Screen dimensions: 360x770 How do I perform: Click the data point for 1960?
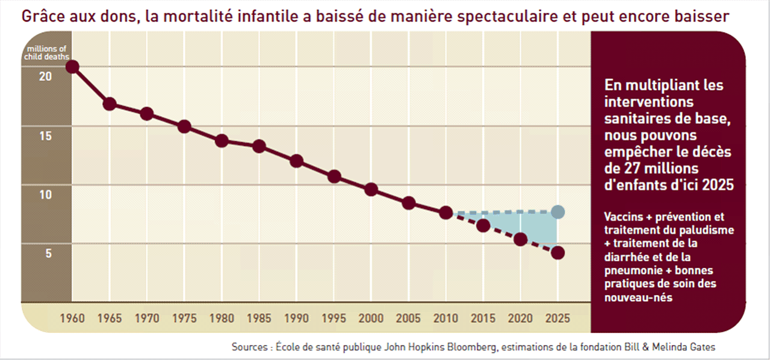(72, 66)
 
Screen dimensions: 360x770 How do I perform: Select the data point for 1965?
(110, 104)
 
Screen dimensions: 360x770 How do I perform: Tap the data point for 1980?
(222, 141)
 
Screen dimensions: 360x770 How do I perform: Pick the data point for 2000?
(371, 190)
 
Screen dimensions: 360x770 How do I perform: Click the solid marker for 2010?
(446, 213)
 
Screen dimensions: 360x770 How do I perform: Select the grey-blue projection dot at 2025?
(558, 212)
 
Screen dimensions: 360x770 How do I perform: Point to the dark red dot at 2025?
(558, 253)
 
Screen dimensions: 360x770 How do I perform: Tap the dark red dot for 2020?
(521, 240)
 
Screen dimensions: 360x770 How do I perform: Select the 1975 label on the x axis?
(184, 318)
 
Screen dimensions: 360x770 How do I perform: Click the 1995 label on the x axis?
(334, 318)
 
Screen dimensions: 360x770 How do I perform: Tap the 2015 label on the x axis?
(483, 318)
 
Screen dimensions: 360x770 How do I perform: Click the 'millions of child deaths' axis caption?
(47, 52)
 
